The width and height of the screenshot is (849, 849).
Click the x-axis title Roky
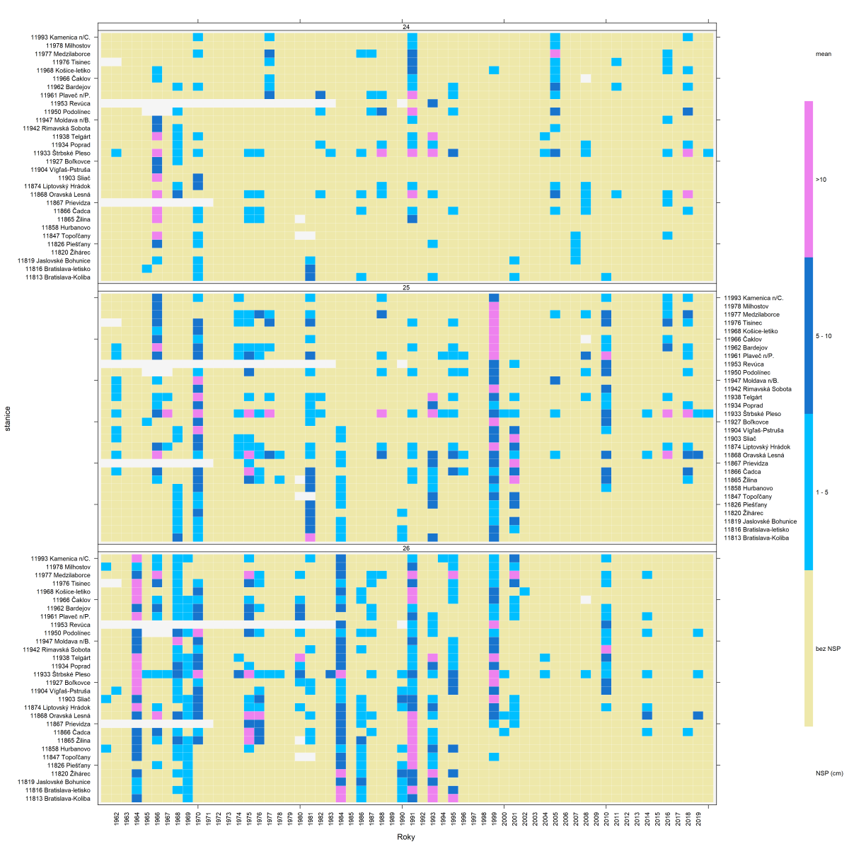tap(406, 837)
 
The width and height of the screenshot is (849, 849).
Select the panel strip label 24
tap(406, 27)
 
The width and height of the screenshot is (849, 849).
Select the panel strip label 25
tap(406, 287)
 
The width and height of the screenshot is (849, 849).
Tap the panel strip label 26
tap(406, 548)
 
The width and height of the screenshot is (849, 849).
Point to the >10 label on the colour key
tap(821, 180)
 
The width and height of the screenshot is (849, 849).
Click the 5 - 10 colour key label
tap(824, 336)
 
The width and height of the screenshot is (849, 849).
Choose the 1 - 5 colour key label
tap(821, 492)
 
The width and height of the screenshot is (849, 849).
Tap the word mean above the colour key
tap(823, 54)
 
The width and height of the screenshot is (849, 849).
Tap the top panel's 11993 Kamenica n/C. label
tap(60, 37)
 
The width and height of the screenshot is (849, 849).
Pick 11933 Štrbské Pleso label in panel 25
tap(752, 414)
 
